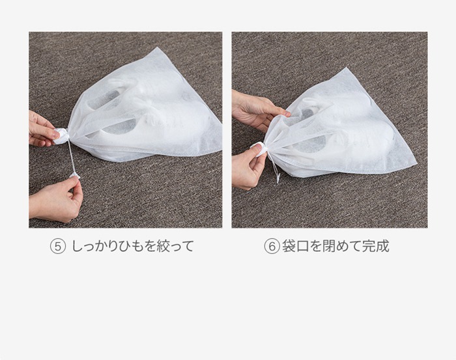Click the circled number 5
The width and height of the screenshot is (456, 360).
[57, 247]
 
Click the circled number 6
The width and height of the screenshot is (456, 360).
[272, 247]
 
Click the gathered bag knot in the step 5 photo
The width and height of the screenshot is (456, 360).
[62, 136]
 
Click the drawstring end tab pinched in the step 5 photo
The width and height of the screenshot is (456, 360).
[74, 175]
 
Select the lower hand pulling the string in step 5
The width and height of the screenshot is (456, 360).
[56, 199]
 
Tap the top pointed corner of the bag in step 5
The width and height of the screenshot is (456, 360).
[158, 48]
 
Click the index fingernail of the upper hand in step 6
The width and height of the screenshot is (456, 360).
[288, 113]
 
